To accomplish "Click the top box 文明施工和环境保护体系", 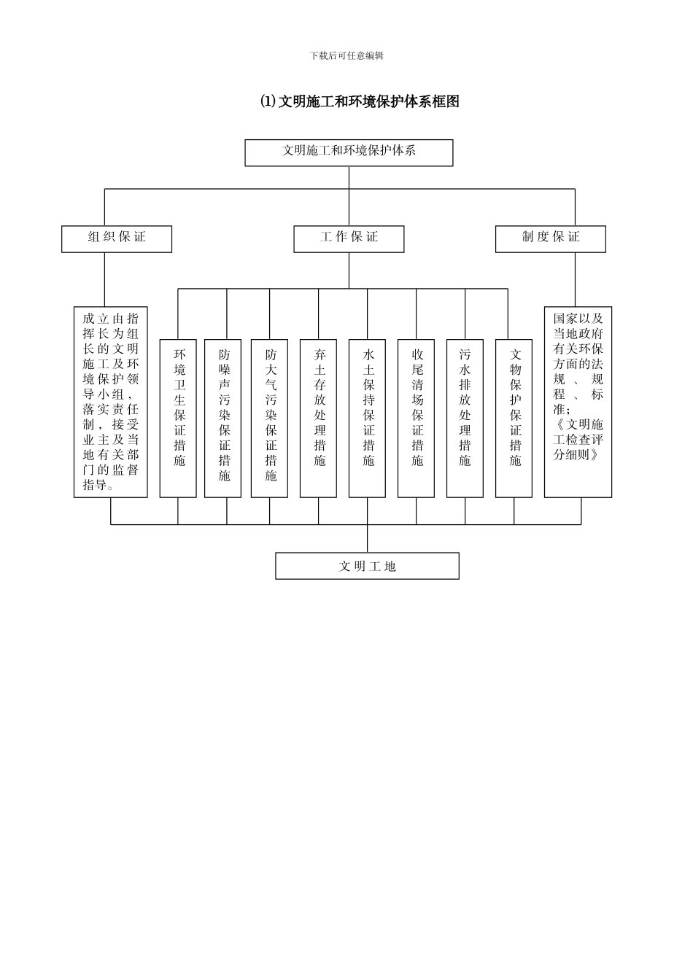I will pos(349,152).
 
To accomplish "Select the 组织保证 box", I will pos(117,238).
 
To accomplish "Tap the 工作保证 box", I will pos(349,238).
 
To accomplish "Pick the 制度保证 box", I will pos(550,238).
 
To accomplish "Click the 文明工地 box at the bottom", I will pos(367,566).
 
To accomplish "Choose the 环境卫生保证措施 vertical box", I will pos(179,418).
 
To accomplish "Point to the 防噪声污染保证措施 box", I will pos(223,418).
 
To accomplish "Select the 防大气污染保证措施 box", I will pos(270,418).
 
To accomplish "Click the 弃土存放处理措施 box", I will pos(319,418).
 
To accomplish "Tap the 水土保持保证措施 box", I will pos(367,418).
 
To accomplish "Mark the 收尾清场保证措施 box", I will pos(417,418).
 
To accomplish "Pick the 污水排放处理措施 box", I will pos(465,418).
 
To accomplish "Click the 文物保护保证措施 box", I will pos(514,418).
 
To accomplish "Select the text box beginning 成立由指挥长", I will pos(111,402).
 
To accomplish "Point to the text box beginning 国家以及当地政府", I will pos(578,402).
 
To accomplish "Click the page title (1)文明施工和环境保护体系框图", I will pos(360,101).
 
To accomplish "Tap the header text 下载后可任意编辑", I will pos(346,55).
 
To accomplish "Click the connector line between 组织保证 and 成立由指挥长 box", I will pos(105,279).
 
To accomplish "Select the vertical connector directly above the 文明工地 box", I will pos(367,539).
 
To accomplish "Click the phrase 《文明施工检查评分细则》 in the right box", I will pos(578,439).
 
